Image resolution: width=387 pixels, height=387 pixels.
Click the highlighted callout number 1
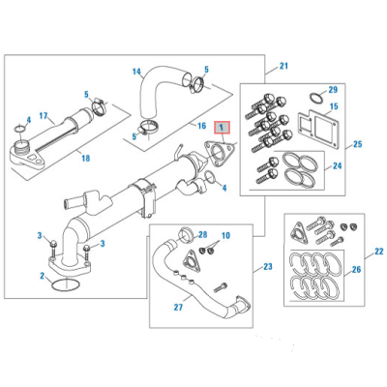[222, 127]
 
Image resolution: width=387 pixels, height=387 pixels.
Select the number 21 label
[283, 66]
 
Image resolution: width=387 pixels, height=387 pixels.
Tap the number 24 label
[336, 165]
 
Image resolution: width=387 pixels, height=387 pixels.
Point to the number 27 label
[177, 310]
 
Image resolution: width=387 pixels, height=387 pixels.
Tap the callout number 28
[202, 235]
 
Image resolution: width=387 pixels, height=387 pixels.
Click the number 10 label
[225, 237]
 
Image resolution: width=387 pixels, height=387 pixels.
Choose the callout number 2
[42, 276]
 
